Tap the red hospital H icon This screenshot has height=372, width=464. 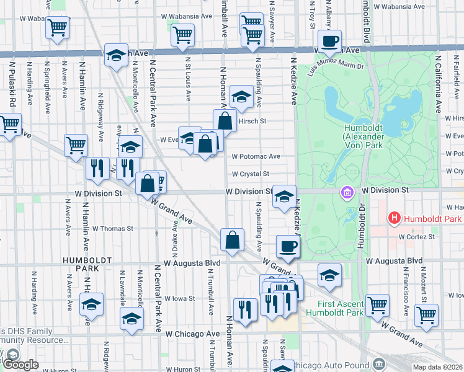[393, 218]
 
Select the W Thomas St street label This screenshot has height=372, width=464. [112, 228]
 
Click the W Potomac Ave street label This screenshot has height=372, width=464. [256, 157]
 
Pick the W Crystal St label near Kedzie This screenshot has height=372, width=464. [250, 174]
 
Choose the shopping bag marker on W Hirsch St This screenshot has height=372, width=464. [225, 120]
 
